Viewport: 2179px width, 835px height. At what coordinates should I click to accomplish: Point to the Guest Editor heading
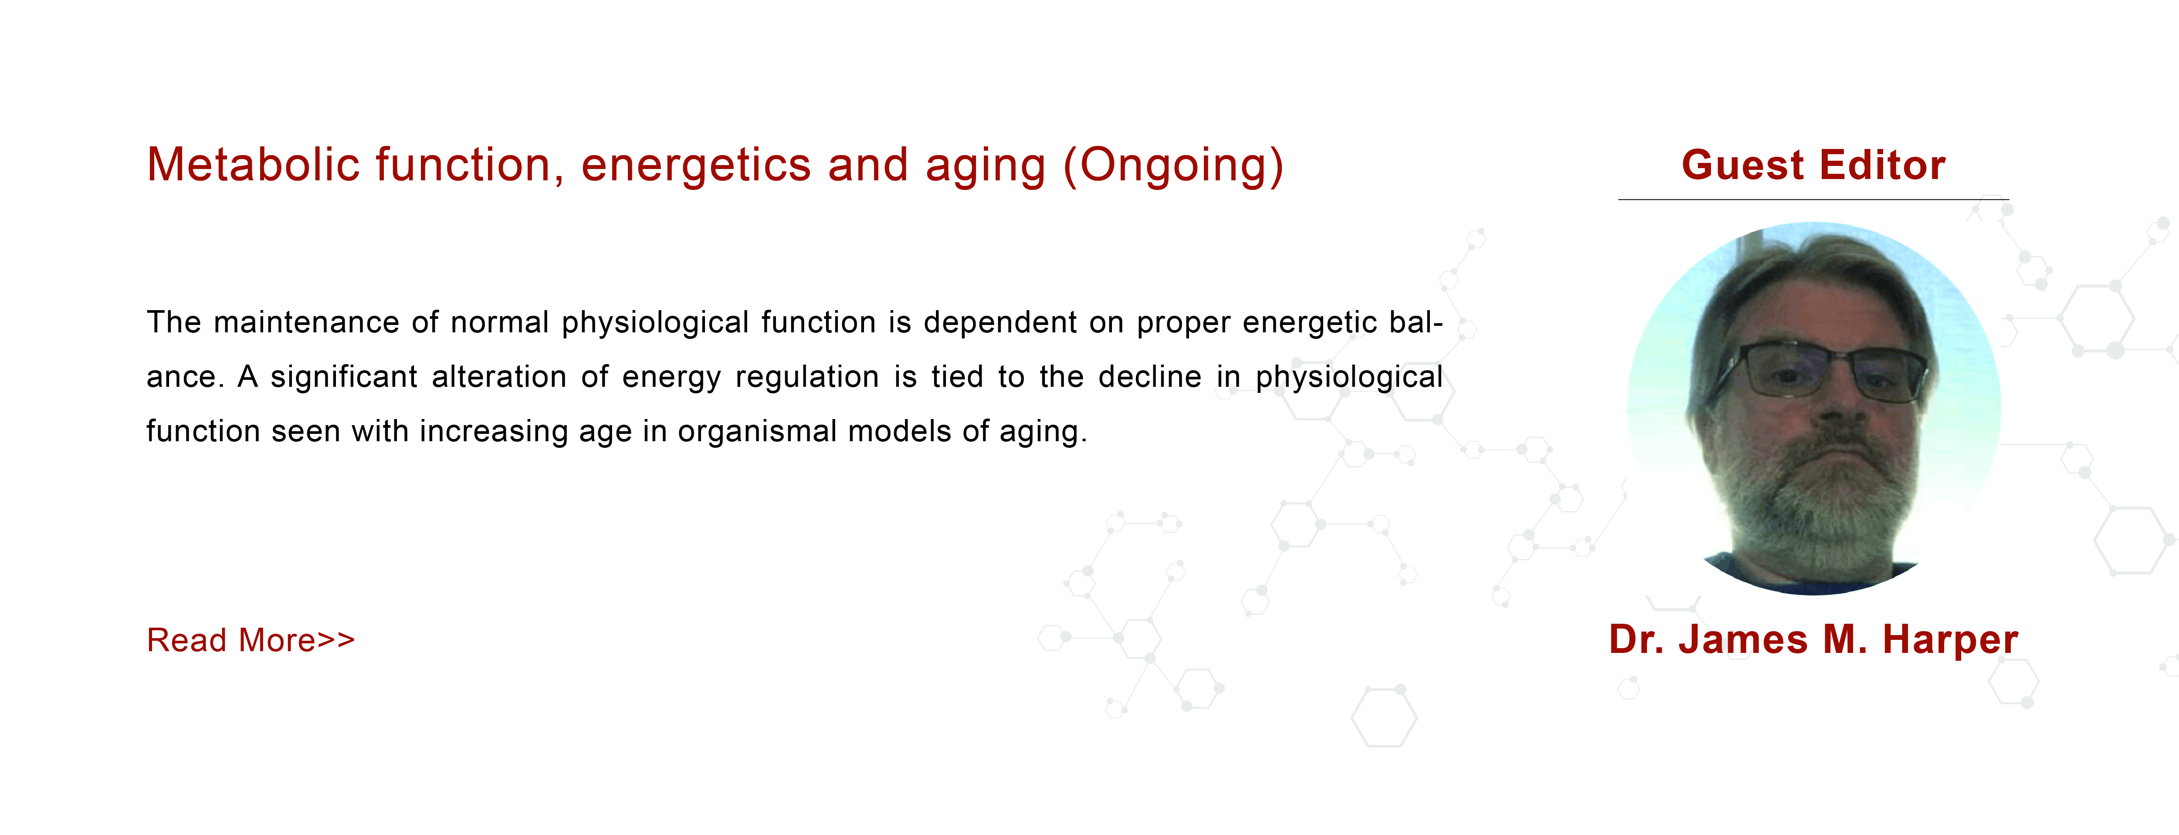pyautogui.click(x=1813, y=165)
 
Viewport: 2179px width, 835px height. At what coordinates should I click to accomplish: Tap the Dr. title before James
pyautogui.click(x=1637, y=639)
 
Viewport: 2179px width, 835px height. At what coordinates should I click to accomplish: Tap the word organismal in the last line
pyautogui.click(x=757, y=432)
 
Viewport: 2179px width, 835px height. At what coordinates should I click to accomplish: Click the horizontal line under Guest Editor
pyautogui.click(x=1813, y=199)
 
